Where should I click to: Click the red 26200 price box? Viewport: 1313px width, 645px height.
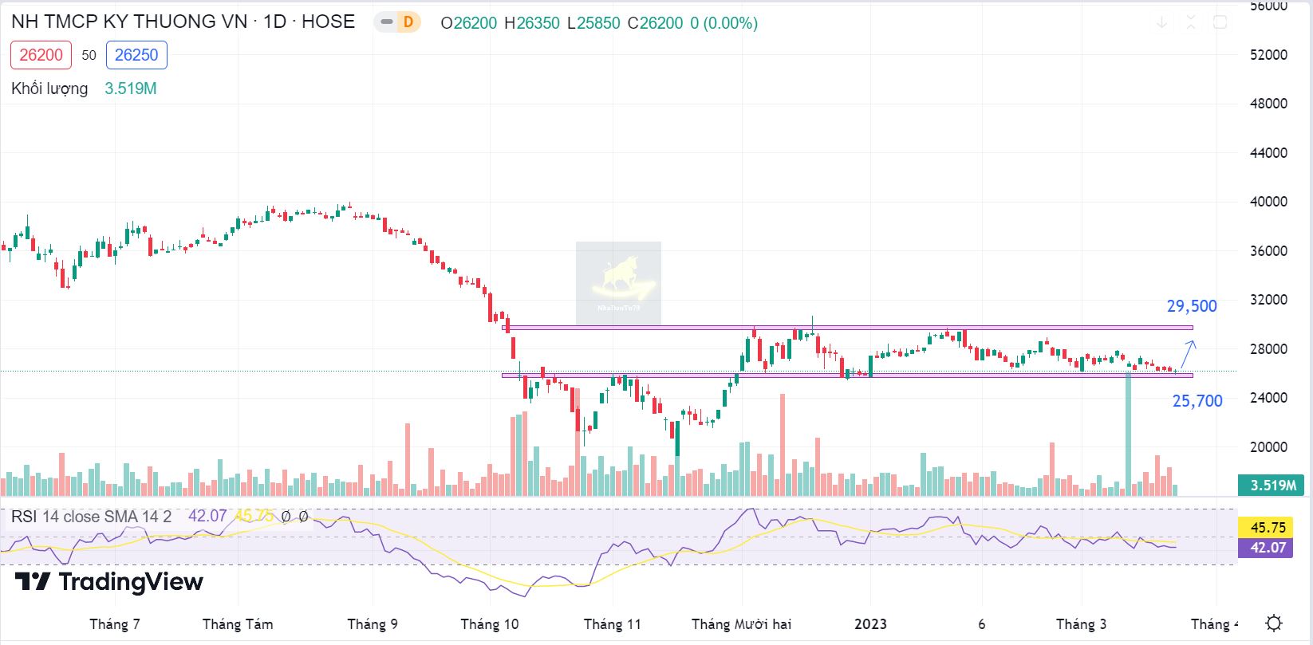pos(41,55)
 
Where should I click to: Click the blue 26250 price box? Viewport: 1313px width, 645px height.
pos(136,55)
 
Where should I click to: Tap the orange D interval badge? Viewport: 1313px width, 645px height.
pos(408,22)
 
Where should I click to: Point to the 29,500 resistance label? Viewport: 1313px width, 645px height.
pos(1192,306)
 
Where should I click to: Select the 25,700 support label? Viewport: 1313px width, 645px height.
pos(1197,401)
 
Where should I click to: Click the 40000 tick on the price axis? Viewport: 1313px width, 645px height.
pos(1268,202)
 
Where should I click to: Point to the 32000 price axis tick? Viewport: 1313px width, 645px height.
pos(1268,300)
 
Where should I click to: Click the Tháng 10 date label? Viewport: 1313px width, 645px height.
pos(489,624)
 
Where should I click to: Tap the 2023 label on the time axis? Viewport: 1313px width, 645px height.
pos(870,624)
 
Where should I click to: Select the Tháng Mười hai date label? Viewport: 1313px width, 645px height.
pos(741,624)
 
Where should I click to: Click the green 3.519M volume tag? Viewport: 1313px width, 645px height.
pos(1272,485)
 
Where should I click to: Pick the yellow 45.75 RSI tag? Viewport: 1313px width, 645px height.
pos(1268,528)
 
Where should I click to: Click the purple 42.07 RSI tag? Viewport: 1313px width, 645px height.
pos(1268,547)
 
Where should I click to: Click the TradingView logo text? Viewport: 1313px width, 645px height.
pos(109,582)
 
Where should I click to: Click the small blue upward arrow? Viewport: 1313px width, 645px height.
pos(1188,352)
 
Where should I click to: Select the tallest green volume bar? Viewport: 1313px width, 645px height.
pos(1128,431)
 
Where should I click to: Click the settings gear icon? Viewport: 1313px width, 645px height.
pos(1274,623)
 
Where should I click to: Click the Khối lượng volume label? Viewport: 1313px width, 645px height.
pos(49,88)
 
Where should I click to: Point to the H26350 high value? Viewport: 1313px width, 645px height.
pos(532,23)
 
